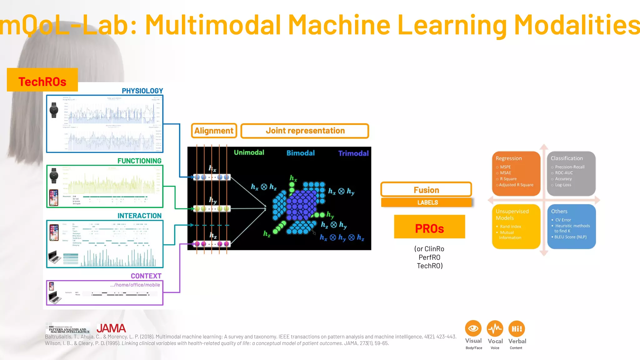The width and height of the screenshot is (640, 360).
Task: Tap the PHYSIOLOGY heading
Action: coord(142,91)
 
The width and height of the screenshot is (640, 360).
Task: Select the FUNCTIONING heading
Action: coord(139,161)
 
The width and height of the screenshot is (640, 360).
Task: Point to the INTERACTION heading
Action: coord(139,216)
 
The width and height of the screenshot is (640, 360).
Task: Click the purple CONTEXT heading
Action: coord(146,276)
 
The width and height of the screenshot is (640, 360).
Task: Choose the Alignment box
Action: coord(214,131)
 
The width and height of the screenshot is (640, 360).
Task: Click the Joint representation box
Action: coord(305,131)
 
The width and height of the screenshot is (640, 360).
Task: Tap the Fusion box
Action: coord(426,190)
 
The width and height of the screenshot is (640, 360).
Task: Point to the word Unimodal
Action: coord(249,152)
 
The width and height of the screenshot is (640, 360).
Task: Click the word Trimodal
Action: coord(353,153)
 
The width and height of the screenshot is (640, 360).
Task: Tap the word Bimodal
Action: coord(301,153)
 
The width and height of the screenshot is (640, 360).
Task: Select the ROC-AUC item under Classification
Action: coord(564,173)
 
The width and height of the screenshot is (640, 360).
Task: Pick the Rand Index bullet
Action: coord(510,227)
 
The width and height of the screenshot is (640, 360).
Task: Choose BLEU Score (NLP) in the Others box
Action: coord(570,237)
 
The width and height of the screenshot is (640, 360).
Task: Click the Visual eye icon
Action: coord(473,328)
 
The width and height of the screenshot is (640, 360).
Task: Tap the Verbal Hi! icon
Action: coord(517,329)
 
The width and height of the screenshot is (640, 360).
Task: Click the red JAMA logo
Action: coord(111,328)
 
